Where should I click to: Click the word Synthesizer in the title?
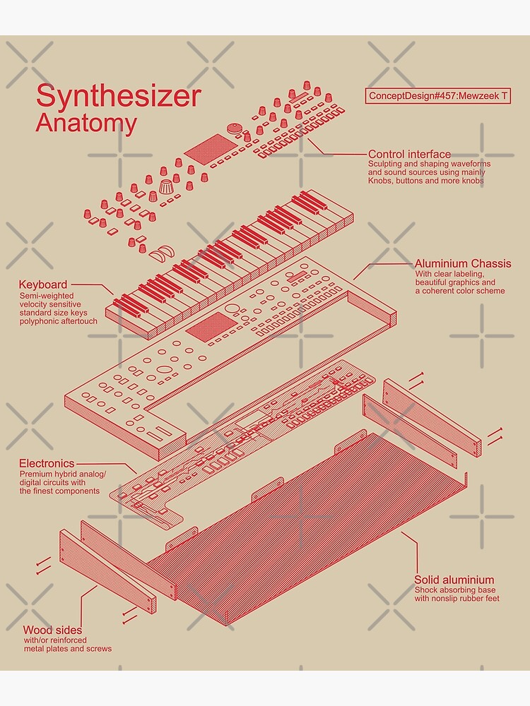click(118, 95)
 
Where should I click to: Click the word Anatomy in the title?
click(86, 123)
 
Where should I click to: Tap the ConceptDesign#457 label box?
click(437, 96)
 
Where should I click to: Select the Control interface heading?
click(409, 154)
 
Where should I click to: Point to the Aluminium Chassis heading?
click(462, 263)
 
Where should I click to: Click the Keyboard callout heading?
click(43, 285)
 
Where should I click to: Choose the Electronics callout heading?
click(47, 463)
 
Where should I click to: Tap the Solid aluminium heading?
click(454, 580)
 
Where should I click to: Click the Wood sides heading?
click(52, 630)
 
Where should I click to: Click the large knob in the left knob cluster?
click(166, 189)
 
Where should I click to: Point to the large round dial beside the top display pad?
click(235, 129)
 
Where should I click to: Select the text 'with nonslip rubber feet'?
click(457, 599)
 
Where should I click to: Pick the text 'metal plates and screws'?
click(67, 648)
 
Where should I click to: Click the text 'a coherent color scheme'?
click(459, 291)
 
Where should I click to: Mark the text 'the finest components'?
click(59, 491)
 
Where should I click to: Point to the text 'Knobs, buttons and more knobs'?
click(425, 181)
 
